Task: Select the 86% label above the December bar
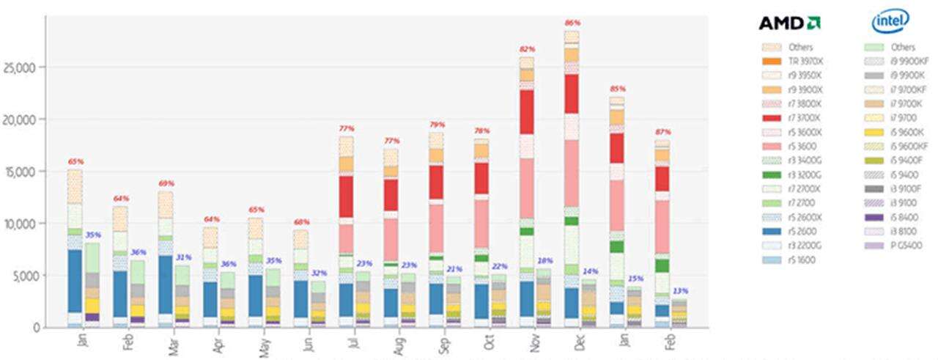(572, 23)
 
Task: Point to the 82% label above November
(527, 49)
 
